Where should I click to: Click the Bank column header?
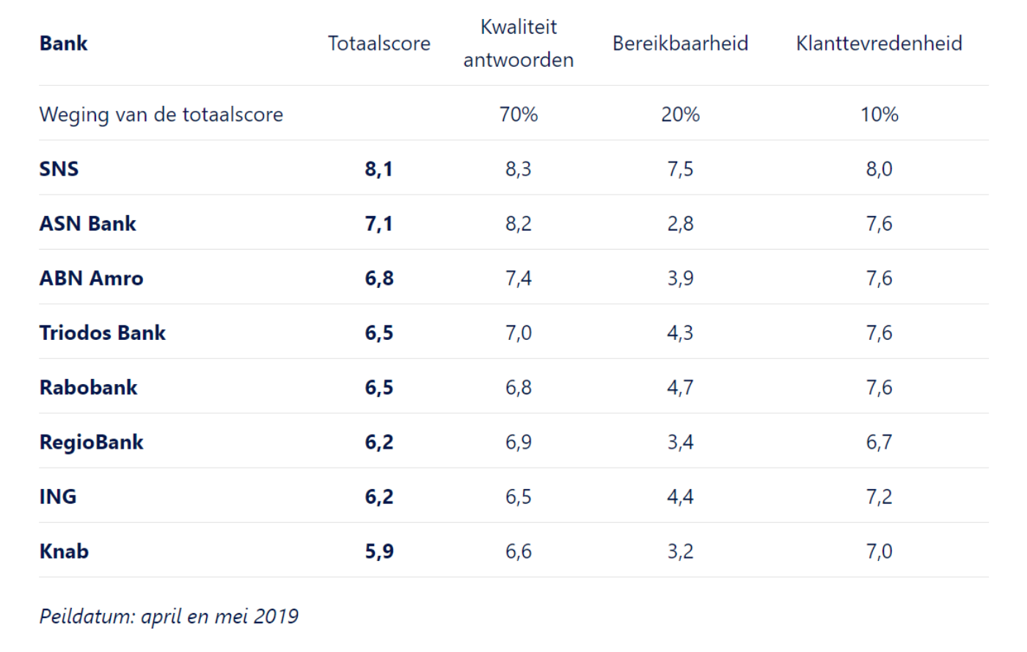tap(63, 43)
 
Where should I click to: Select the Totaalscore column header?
tap(379, 43)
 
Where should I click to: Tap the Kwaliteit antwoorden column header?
tap(518, 43)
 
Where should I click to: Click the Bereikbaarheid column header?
tap(680, 43)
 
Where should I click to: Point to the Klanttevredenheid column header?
tap(879, 43)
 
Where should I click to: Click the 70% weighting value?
tap(518, 115)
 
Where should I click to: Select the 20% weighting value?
tap(680, 115)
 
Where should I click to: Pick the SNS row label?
tap(59, 169)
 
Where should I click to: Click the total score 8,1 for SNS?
tap(379, 169)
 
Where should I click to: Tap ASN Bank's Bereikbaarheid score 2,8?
tap(680, 224)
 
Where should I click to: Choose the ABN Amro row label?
tap(91, 278)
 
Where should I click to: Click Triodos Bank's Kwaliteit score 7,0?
tap(518, 333)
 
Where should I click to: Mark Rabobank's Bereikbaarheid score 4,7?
tap(680, 388)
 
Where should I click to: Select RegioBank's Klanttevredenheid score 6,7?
tap(879, 442)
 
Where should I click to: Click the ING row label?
tap(57, 497)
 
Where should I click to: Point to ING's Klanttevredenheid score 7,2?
tap(879, 497)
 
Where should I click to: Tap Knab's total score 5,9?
tap(379, 551)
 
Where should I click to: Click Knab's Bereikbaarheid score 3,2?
tap(680, 551)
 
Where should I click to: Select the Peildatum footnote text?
tap(169, 616)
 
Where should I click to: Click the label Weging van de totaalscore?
tap(161, 115)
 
